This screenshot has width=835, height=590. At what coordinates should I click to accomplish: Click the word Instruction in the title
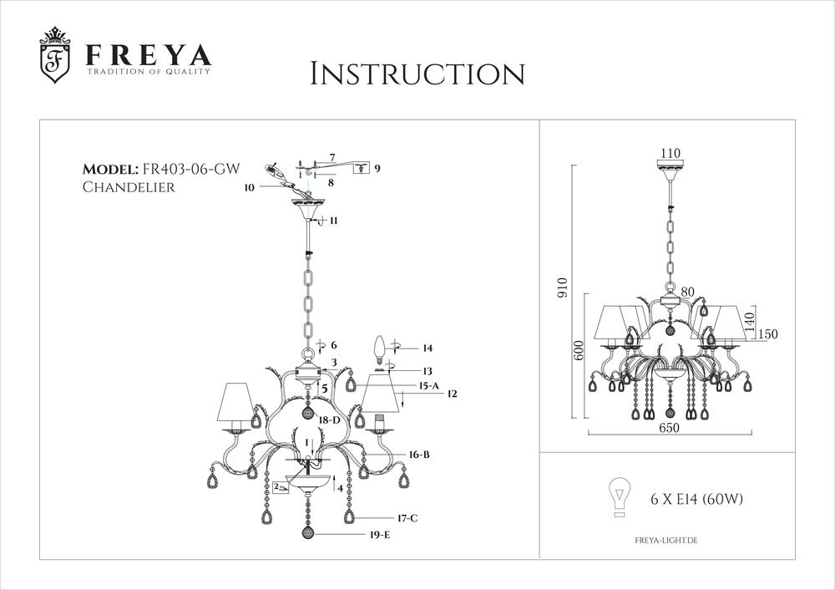[417, 74]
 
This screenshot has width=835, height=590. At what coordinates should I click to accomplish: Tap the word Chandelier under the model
[129, 187]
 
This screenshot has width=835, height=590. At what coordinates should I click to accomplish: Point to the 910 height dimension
[562, 288]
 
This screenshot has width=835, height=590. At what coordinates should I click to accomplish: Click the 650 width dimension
[668, 427]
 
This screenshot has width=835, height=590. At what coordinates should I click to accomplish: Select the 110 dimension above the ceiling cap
[671, 153]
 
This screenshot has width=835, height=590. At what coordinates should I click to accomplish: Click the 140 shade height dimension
[750, 318]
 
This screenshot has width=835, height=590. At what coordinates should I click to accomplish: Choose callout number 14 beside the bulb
[428, 347]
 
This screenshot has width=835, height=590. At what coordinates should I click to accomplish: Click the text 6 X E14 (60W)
[696, 500]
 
